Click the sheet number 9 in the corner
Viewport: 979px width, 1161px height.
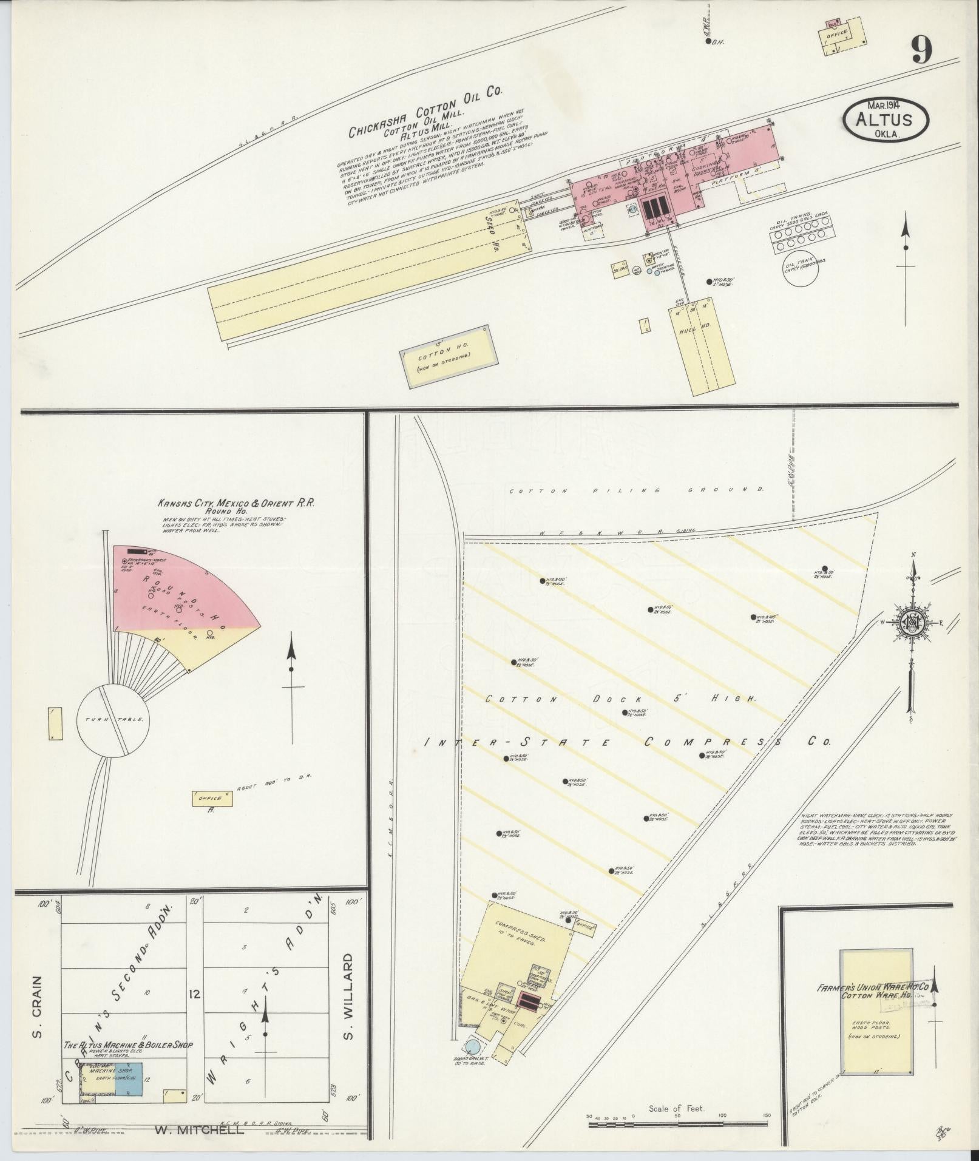click(x=921, y=50)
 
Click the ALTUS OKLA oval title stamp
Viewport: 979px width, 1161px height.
click(x=886, y=119)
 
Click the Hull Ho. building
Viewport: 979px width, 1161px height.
click(x=702, y=346)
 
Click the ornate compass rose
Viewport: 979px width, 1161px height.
click(x=912, y=623)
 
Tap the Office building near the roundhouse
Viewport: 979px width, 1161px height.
click(x=211, y=799)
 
